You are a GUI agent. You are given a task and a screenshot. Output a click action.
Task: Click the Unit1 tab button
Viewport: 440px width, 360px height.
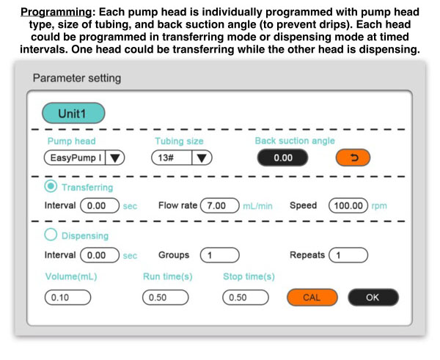point(73,113)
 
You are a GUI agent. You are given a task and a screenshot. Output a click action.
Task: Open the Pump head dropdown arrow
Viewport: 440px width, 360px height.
point(115,158)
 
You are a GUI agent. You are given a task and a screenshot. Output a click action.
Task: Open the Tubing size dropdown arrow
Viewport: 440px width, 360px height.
point(202,158)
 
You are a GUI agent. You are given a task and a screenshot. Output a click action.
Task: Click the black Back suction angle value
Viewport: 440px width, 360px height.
point(282,158)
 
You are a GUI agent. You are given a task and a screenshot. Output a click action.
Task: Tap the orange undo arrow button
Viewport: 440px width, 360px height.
point(353,158)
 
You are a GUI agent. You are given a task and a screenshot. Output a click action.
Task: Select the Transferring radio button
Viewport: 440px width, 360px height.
point(51,186)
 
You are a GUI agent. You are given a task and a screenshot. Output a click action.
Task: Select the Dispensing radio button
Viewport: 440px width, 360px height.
point(51,235)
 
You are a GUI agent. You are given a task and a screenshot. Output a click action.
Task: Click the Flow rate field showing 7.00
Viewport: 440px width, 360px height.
point(220,205)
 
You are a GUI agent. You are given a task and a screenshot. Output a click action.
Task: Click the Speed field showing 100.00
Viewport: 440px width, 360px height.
point(348,205)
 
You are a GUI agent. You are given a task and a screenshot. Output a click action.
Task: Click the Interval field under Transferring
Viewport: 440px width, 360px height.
point(100,205)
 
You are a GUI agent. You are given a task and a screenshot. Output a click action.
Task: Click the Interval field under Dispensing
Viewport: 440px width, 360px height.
point(100,255)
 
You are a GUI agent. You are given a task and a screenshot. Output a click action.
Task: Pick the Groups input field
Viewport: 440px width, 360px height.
point(220,255)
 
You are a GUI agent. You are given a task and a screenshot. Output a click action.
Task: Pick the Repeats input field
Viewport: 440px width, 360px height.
point(348,255)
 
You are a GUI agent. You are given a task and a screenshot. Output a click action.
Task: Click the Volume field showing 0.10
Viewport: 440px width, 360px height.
point(67,298)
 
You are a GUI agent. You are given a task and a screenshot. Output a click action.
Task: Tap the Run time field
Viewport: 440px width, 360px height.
point(165,298)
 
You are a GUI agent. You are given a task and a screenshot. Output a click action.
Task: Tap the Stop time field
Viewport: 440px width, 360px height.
point(246,298)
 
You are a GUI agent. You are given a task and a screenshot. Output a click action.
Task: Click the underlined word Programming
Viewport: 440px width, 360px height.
point(56,12)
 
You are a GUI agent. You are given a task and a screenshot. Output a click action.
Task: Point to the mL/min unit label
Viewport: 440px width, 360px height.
point(257,206)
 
